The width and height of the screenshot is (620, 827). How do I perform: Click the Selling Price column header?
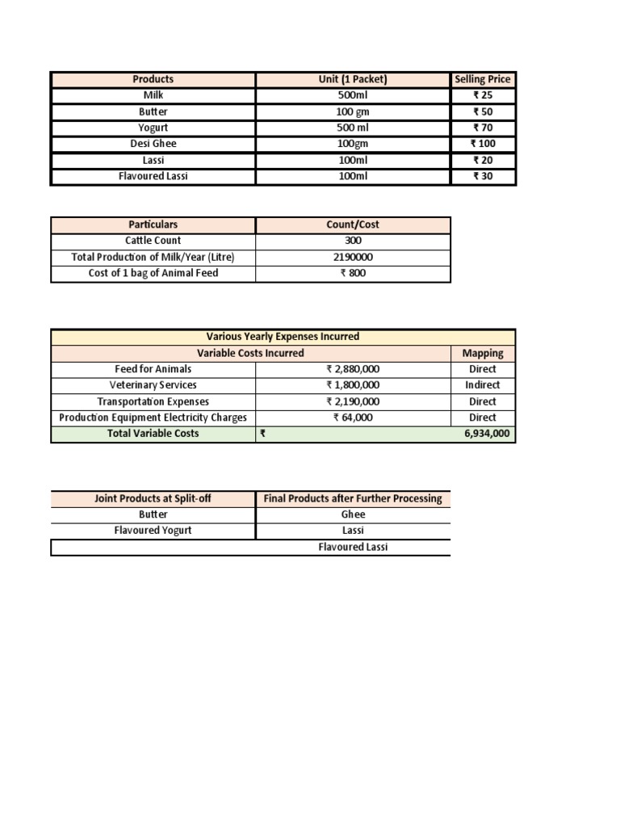coord(483,79)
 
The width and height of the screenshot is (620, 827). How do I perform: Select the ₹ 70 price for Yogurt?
coord(483,128)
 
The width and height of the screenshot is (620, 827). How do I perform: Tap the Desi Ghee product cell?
coord(153,144)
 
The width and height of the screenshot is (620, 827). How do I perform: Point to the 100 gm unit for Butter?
coord(352,111)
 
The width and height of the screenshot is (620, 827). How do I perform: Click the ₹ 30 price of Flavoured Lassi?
coord(483,176)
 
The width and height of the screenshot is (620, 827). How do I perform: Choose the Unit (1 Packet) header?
coord(353,79)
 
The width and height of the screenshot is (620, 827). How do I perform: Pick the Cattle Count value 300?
coord(353,241)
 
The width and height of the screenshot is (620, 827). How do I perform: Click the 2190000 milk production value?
coord(353,257)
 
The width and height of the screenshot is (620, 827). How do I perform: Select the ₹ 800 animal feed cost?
coord(353,273)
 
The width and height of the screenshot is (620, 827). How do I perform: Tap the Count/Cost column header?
coord(353,225)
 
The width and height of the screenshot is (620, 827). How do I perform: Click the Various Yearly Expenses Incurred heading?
coord(283,337)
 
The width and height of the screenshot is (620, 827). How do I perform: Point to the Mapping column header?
coord(483,353)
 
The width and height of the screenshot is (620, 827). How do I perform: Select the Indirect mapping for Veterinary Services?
coord(483,385)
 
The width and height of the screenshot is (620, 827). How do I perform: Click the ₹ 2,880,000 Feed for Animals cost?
coord(353,369)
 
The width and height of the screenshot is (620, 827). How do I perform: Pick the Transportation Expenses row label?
coord(153,401)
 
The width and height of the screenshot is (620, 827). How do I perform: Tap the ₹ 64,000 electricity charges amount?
coord(353,418)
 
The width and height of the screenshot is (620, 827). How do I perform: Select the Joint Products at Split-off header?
coord(153,498)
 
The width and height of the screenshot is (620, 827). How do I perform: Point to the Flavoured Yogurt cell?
coord(153,531)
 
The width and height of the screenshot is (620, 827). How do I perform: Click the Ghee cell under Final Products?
coord(353,514)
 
